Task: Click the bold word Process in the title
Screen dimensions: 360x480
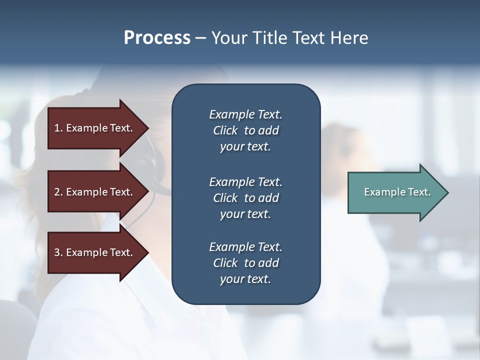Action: (x=157, y=38)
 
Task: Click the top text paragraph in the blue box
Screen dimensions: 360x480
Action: (x=245, y=130)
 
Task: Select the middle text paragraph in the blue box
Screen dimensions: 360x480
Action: (x=245, y=198)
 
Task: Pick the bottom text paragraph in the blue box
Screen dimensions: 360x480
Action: (x=245, y=263)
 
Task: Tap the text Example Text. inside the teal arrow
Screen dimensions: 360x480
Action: (x=397, y=192)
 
